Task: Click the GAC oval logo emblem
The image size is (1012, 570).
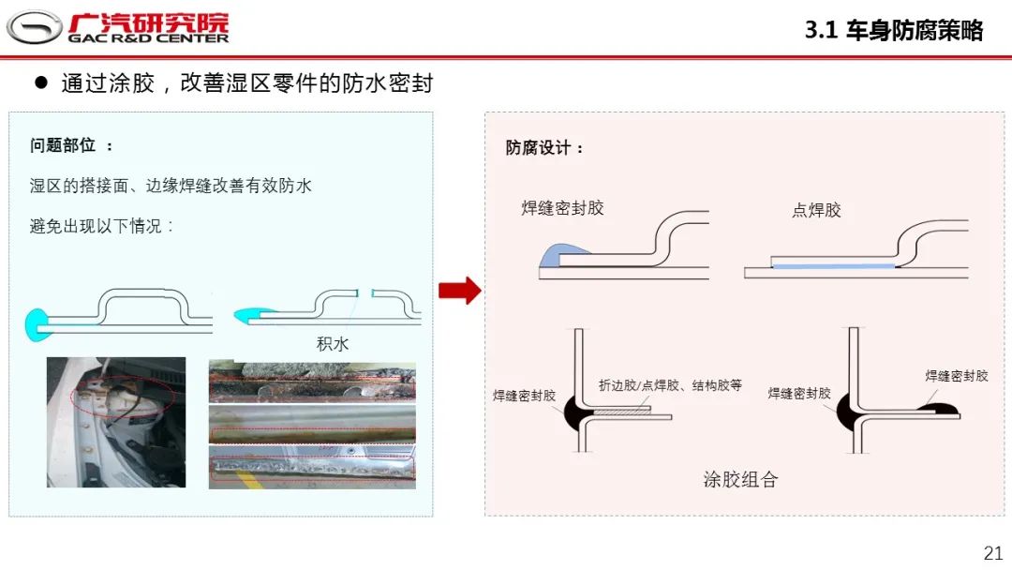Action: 34,27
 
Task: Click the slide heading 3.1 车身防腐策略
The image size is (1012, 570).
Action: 894,30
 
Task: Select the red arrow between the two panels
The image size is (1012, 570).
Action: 459,291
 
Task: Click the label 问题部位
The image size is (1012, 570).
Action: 71,145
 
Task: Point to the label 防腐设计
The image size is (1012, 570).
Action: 544,148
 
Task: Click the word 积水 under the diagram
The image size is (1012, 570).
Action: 333,344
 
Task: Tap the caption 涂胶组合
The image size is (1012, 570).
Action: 740,479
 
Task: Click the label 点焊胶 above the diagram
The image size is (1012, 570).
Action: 816,210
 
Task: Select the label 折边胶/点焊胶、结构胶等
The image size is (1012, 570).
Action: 670,385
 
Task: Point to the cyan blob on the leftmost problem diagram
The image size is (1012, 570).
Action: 37,323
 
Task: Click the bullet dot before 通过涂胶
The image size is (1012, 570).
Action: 40,82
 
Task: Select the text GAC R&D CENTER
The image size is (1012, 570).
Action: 148,38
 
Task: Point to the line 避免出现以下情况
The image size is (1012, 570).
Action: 103,226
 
